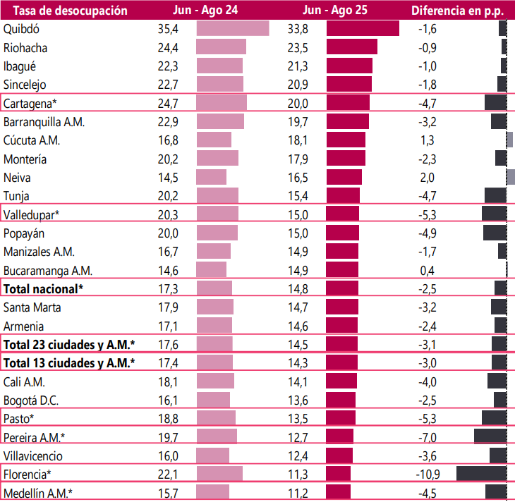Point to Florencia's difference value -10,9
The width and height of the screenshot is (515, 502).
(428, 473)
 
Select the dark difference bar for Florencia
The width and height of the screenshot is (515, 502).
(482, 473)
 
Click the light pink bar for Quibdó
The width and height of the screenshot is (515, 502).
(233, 29)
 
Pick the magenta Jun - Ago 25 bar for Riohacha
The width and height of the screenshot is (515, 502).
(352, 47)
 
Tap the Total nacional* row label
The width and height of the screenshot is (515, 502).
(44, 288)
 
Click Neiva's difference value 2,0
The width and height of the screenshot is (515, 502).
(427, 177)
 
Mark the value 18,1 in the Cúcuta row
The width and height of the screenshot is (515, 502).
(298, 140)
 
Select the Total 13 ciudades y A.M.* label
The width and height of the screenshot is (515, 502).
(69, 362)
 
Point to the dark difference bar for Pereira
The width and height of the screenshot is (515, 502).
(490, 436)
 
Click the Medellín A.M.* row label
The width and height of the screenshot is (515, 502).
(38, 492)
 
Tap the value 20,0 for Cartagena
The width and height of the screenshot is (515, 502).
(298, 103)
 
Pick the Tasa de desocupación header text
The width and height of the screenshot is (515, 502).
(66, 10)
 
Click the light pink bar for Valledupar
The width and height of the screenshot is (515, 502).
(217, 214)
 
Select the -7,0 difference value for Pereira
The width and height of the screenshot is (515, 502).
(428, 436)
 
